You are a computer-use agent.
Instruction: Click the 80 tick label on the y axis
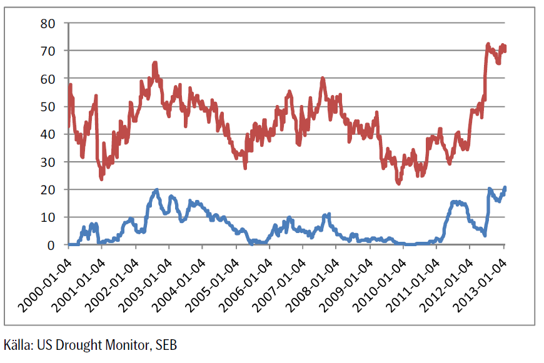click(48, 23)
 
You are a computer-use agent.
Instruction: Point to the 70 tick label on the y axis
click(48, 51)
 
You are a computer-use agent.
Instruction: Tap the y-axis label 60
click(48, 79)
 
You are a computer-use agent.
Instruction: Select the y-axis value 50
click(48, 106)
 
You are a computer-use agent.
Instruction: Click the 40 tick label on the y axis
click(48, 134)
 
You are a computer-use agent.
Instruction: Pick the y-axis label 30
click(48, 162)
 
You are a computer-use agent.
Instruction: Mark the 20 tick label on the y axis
click(48, 190)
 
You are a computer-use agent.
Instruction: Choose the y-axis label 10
click(48, 217)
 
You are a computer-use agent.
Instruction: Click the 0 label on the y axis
click(52, 245)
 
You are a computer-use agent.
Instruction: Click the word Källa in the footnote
click(18, 344)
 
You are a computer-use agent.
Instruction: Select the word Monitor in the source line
click(126, 344)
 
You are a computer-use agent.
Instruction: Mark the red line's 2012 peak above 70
click(488, 44)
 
